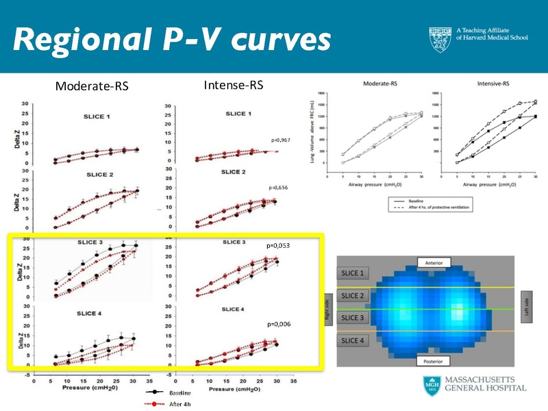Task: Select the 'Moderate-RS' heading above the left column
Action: pyautogui.click(x=92, y=86)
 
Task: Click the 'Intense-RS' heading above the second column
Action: pyautogui.click(x=229, y=86)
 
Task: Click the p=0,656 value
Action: pyautogui.click(x=279, y=187)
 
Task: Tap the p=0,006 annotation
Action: pyautogui.click(x=280, y=323)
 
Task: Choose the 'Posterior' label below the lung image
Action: pyautogui.click(x=437, y=361)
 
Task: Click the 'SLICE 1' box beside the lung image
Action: pyautogui.click(x=355, y=273)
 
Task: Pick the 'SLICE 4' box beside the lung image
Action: pyautogui.click(x=355, y=340)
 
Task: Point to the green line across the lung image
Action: pyautogui.click(x=411, y=310)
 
